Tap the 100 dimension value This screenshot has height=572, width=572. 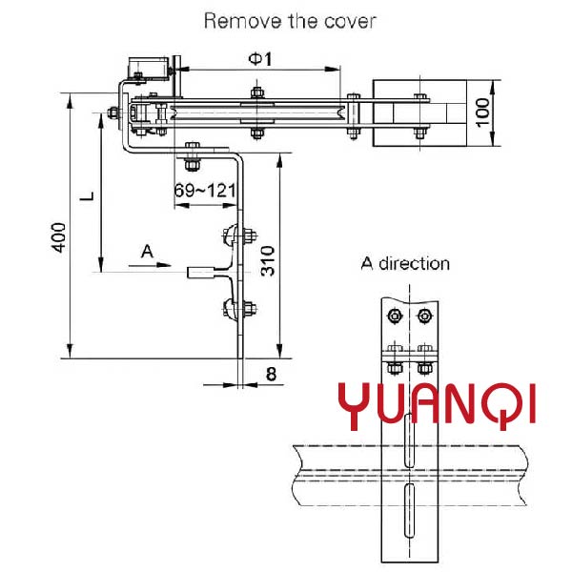tap(481, 113)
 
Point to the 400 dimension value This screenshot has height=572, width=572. tap(59, 238)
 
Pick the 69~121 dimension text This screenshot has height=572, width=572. tap(205, 191)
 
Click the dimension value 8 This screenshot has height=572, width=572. tap(271, 375)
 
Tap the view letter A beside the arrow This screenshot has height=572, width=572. tap(146, 251)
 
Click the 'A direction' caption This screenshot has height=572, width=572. tap(404, 263)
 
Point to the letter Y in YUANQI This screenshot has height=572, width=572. tap(355, 403)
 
